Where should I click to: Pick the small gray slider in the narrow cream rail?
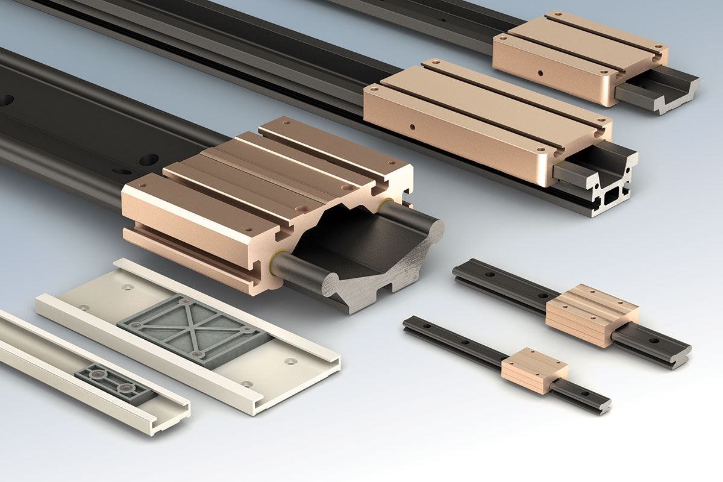point(114,384)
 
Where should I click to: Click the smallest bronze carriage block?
point(534,369)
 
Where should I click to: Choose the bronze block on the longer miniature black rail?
point(591,315)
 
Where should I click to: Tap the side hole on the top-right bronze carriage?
point(540,74)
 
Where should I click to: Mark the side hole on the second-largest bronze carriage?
point(412,128)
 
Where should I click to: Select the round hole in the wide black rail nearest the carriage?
point(148,160)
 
